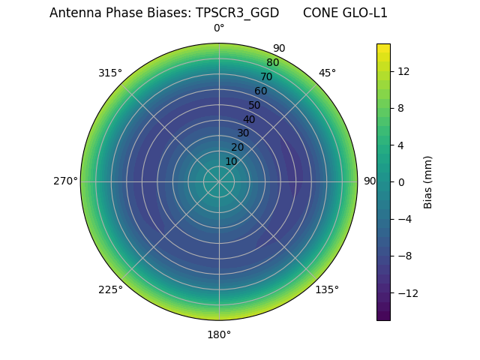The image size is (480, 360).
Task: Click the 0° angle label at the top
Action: pyautogui.click(x=219, y=28)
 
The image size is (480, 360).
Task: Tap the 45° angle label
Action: pyautogui.click(x=327, y=73)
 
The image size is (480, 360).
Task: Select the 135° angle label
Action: pyautogui.click(x=327, y=289)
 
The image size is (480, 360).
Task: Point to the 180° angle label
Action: pyautogui.click(x=219, y=334)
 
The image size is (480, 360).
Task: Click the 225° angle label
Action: pyautogui.click(x=110, y=289)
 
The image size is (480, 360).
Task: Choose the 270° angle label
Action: pyautogui.click(x=65, y=181)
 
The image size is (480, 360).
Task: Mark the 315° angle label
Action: pyautogui.click(x=110, y=73)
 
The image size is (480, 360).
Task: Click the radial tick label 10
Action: pyautogui.click(x=231, y=161)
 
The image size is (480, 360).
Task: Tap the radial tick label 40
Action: pyautogui.click(x=249, y=119)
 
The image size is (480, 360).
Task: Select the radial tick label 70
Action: pyautogui.click(x=266, y=76)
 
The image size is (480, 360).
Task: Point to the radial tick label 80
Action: pyautogui.click(x=272, y=62)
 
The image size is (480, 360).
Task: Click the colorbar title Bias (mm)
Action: pyautogui.click(x=428, y=181)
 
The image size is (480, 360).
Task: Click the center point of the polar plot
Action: pyautogui.click(x=219, y=181)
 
